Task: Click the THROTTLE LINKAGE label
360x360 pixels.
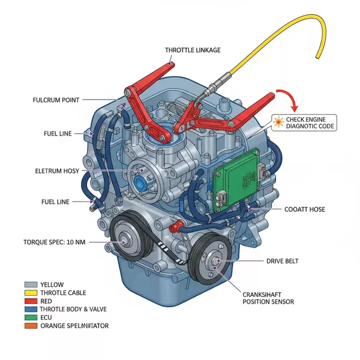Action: point(192,50)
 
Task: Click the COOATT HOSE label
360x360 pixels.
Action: point(305,209)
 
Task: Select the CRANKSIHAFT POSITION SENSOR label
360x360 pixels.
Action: point(268,297)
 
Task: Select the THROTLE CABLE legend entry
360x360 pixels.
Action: point(64,293)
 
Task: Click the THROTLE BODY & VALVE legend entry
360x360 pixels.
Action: point(74,310)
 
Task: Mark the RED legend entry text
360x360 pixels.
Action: point(47,301)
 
